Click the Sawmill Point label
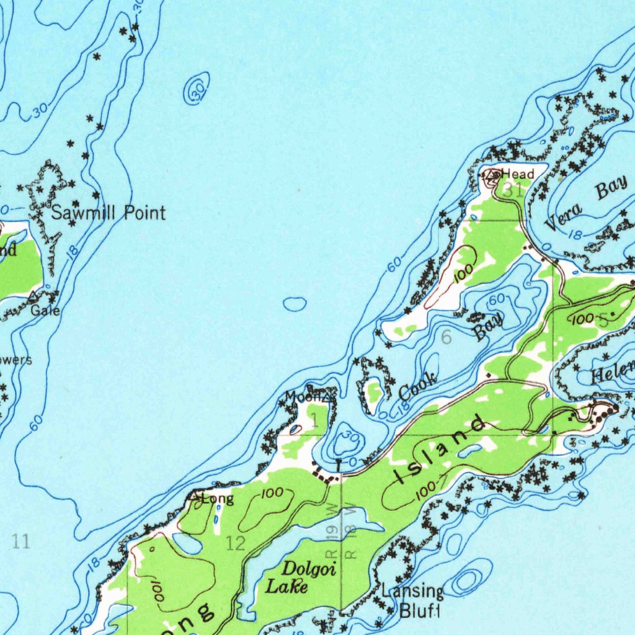tap(108, 213)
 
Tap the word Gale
tap(46, 310)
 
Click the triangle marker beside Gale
tap(32, 296)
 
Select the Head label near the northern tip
tap(518, 173)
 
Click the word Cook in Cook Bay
tap(418, 387)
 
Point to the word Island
tap(440, 451)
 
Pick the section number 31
tap(512, 191)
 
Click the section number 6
tap(446, 338)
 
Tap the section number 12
tap(236, 544)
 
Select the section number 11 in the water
tap(20, 542)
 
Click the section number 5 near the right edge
tap(603, 321)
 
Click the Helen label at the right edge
tap(613, 373)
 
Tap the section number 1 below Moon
tap(314, 422)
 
